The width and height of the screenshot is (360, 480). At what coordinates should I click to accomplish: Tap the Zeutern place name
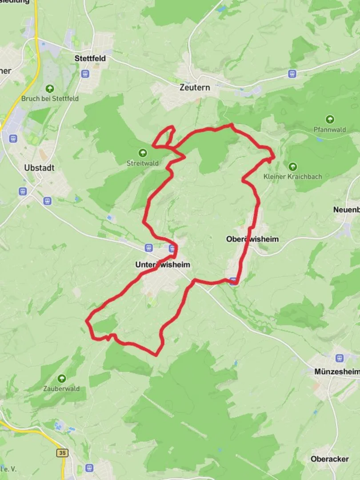[x=195, y=88]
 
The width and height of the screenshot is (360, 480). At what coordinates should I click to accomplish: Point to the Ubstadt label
[x=40, y=168]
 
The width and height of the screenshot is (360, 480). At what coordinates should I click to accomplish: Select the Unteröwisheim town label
[x=163, y=264]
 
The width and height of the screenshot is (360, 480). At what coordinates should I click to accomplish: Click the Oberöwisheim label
[x=252, y=239]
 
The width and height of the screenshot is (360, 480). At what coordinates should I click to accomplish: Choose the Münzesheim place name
[x=336, y=371]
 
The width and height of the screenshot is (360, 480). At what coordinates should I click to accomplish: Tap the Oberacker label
[x=330, y=459]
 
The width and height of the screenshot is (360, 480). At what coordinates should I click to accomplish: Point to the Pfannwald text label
[x=329, y=130]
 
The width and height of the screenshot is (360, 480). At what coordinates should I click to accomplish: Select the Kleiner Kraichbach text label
[x=292, y=176]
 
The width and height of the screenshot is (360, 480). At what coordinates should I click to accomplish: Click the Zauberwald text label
[x=61, y=388]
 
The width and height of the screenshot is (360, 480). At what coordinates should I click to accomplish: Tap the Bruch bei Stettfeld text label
[x=50, y=98]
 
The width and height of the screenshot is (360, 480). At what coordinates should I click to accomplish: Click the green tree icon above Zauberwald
[x=61, y=378]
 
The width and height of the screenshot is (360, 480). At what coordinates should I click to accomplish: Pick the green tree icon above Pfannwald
[x=330, y=119]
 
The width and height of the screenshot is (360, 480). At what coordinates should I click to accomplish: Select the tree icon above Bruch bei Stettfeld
[x=50, y=88]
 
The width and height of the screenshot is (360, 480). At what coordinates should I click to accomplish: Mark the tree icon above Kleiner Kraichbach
[x=292, y=167]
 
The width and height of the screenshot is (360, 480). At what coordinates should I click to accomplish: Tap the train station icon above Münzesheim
[x=340, y=358]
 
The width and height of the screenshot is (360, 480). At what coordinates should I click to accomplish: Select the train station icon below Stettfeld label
[x=85, y=73]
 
